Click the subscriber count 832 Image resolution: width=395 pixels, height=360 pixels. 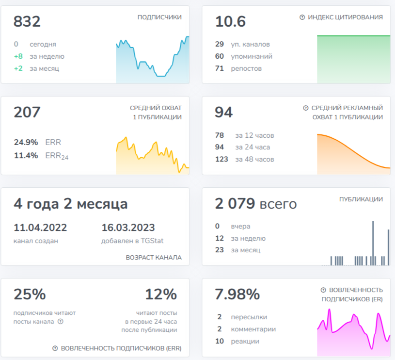27,21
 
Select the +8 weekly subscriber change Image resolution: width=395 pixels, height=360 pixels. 18,56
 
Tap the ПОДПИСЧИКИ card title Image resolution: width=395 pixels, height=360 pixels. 159,17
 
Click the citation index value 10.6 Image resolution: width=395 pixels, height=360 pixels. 231,21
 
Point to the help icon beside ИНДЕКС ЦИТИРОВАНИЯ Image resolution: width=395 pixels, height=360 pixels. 302,17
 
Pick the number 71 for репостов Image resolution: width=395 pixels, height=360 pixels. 220,68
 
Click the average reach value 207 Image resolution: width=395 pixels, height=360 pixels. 27,112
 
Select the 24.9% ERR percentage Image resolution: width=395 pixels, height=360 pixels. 26,142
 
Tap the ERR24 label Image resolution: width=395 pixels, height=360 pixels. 57,156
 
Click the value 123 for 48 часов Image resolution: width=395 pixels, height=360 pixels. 221,159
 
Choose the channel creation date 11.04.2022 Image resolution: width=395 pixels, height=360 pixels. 40,228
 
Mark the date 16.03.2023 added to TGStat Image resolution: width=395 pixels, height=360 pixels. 128,228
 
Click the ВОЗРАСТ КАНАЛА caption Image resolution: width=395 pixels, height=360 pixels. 154,258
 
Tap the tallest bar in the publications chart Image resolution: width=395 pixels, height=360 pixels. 373,243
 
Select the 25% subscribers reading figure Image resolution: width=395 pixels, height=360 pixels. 30,294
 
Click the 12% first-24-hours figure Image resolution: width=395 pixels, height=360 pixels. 161,294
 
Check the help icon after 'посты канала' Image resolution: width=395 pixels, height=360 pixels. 61,321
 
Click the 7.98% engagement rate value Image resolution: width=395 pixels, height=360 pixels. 237,294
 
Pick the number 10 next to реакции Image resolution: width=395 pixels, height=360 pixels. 220,341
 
